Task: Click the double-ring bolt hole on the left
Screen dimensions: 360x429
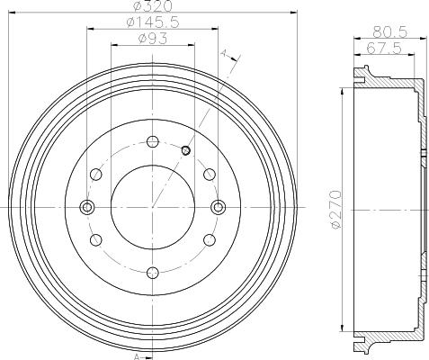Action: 87,207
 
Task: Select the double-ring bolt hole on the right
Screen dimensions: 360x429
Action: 217,207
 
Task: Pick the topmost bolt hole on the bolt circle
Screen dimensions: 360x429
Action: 152,141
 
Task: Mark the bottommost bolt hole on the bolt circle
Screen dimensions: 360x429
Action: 152,272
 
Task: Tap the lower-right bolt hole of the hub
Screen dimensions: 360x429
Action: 209,239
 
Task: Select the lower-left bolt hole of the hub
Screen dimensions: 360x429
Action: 95,239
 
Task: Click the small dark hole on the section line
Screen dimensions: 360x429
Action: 185,150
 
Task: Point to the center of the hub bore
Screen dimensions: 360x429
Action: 152,207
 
